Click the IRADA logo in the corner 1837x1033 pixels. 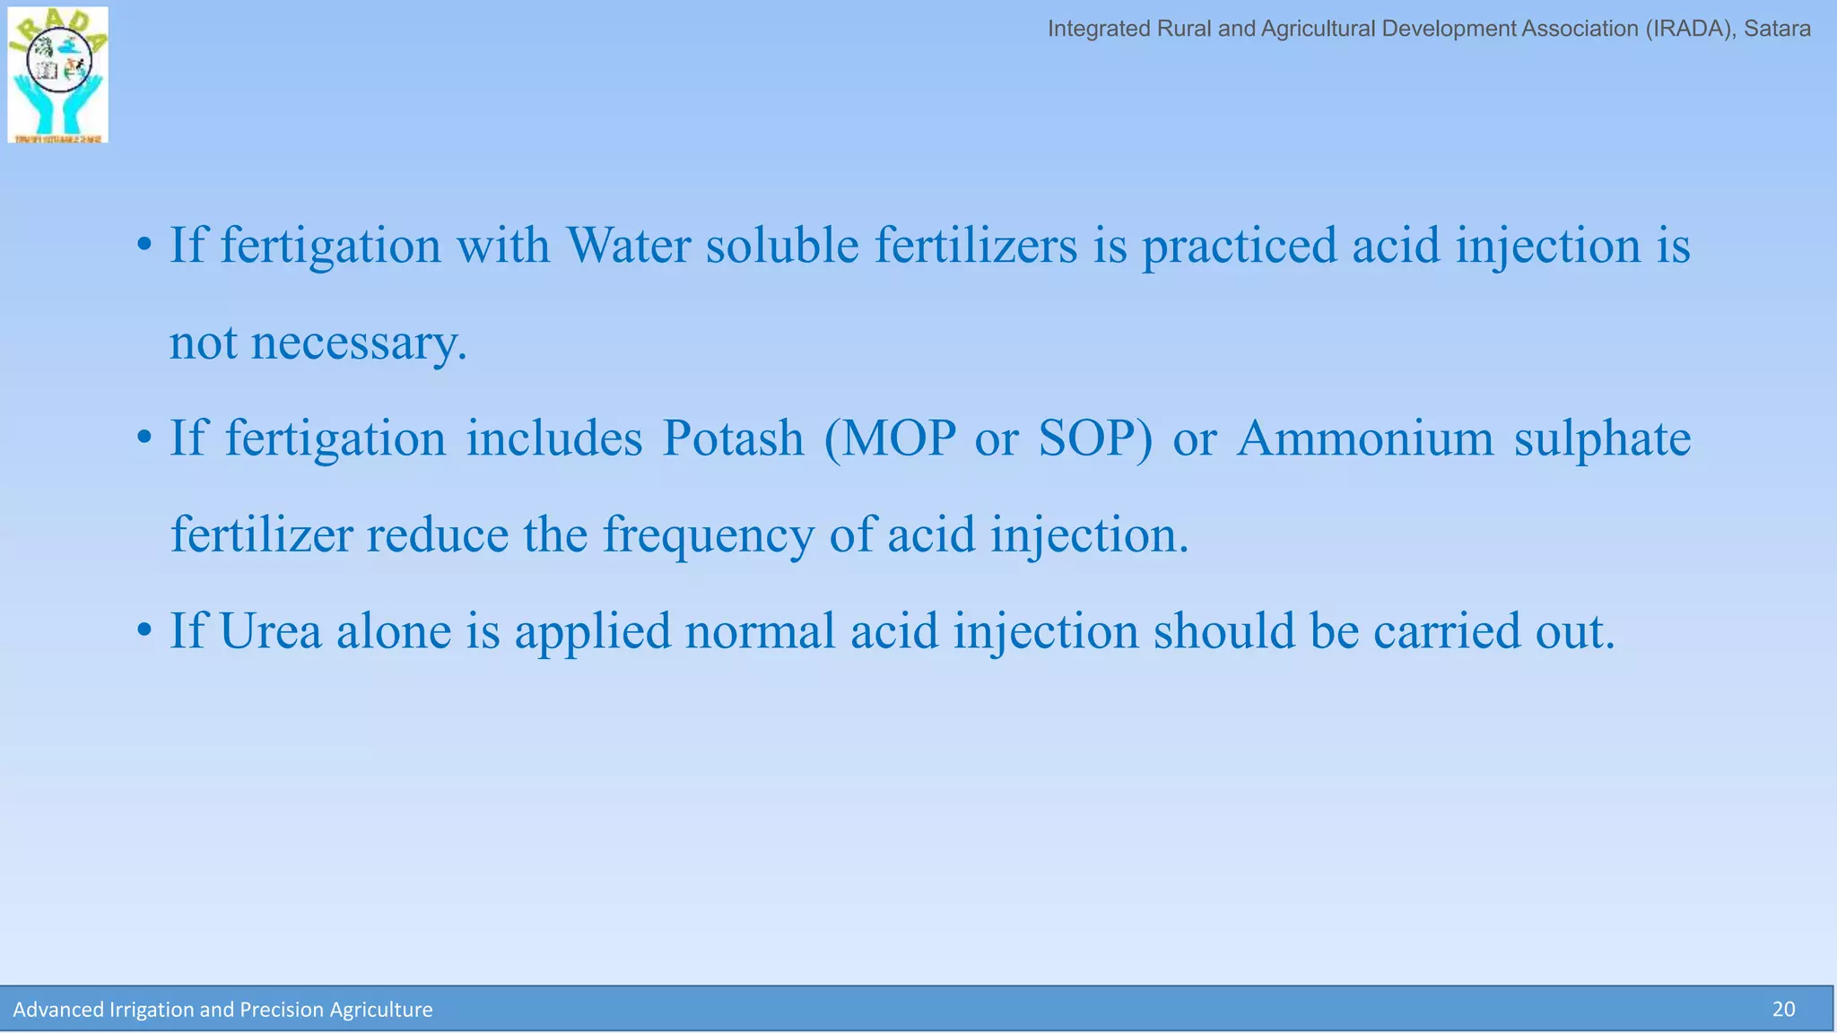pos(57,74)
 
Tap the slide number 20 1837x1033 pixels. pos(1783,1010)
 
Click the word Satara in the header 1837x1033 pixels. pos(1777,29)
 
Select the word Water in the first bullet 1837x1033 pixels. pos(628,245)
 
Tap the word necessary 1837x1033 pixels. pos(359,343)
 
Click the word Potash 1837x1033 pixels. pos(733,438)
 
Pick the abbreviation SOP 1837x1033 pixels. pos(1094,438)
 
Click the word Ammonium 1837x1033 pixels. pos(1364,438)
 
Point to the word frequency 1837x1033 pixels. pos(709,536)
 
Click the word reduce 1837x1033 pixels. pos(438,535)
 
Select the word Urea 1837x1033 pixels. pos(270,631)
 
